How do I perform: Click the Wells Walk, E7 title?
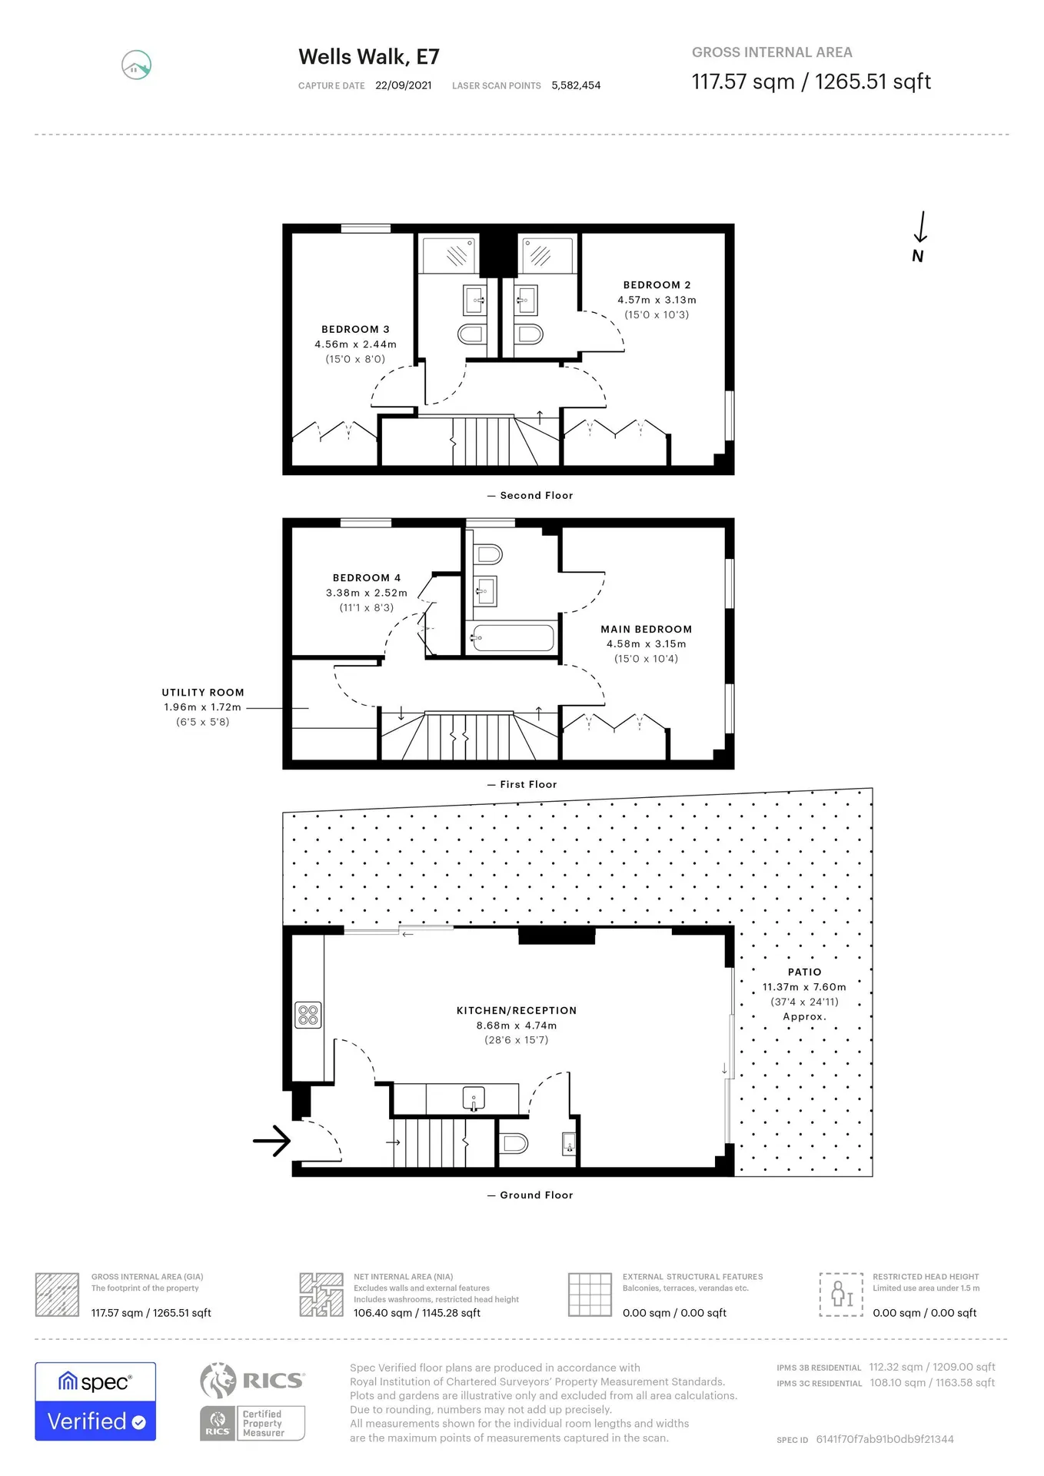tap(369, 57)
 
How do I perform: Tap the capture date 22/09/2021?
tap(404, 85)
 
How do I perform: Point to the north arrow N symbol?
tap(919, 238)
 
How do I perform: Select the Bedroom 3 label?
tap(355, 329)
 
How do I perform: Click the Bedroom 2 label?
tap(657, 284)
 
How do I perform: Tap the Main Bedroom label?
tap(647, 629)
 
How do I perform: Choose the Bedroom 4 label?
tap(367, 577)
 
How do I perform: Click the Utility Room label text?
tap(203, 692)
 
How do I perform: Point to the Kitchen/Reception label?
tap(517, 1010)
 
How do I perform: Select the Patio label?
tap(805, 972)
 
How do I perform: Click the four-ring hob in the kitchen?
tap(308, 1015)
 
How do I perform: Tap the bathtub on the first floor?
tap(514, 638)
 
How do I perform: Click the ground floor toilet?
tap(513, 1143)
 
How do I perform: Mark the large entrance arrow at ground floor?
tap(271, 1141)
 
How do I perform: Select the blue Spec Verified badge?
tap(95, 1401)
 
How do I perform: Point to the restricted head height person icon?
tap(841, 1294)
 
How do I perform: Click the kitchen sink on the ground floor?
tap(474, 1098)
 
